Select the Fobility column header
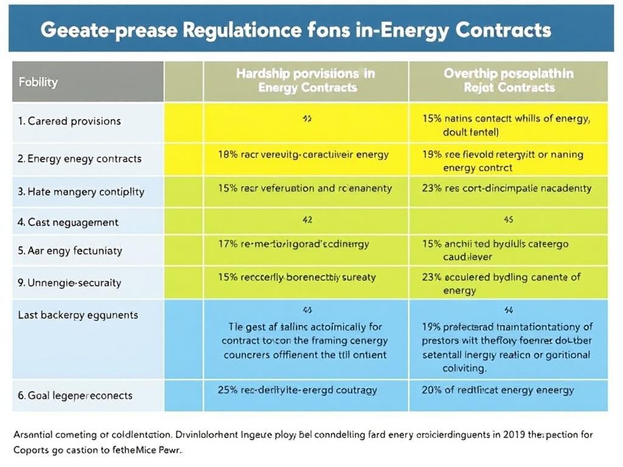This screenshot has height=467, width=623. pos(38,81)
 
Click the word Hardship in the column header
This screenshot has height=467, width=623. pos(262,73)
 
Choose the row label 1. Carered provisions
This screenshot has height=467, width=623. pos(70,121)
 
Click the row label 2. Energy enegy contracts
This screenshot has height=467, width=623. pos(80,159)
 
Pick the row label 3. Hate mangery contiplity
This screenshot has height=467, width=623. pos(81,192)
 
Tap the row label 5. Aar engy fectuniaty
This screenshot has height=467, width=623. pos(70,251)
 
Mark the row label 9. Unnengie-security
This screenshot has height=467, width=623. pos(69,283)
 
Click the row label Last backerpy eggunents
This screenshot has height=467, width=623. pos(78,315)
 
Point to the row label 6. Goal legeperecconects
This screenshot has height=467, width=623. pos(75,395)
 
